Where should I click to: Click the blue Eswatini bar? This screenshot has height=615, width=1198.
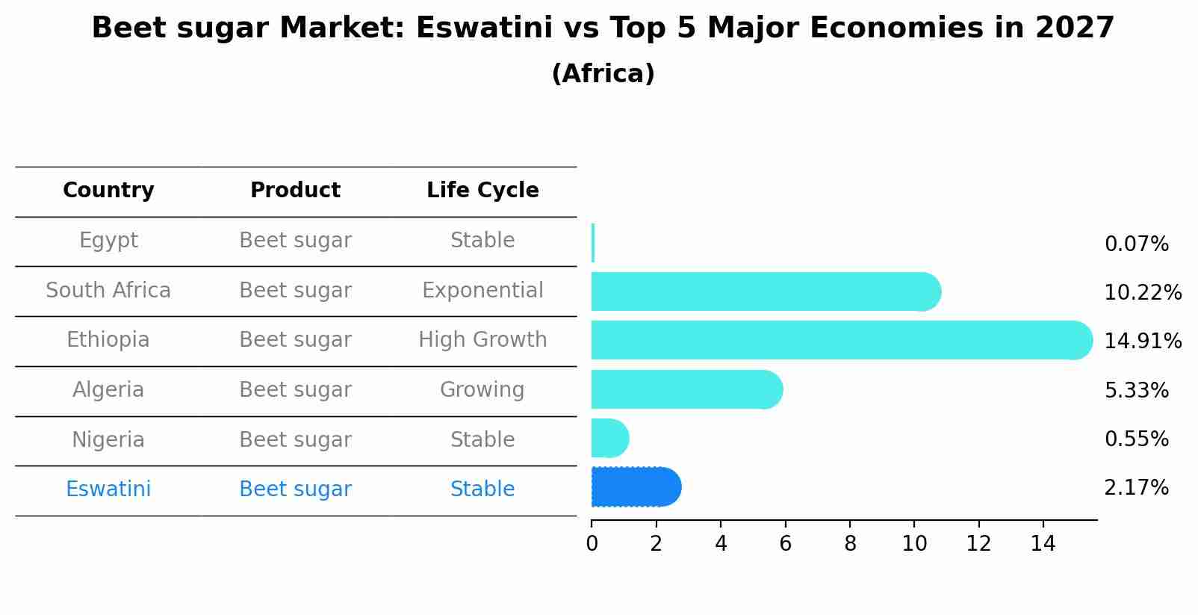[x=635, y=487]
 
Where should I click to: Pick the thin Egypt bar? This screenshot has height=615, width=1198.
[x=593, y=242]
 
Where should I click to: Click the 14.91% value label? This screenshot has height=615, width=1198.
[x=1142, y=342]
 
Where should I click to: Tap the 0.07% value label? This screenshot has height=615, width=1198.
[x=1136, y=244]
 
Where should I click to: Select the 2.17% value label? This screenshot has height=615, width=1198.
[x=1136, y=488]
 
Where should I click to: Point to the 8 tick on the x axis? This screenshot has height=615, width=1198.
[x=850, y=544]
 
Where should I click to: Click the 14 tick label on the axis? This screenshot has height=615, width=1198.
[x=1043, y=544]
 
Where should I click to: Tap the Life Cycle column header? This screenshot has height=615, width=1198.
[x=482, y=191]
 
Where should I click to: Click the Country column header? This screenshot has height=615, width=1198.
[x=108, y=191]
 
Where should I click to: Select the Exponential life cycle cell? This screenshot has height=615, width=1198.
[x=482, y=291]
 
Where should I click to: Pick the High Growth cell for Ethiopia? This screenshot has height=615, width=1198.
[x=482, y=340]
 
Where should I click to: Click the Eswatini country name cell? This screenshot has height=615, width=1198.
[x=108, y=489]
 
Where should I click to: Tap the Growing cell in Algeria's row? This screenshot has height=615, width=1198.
[x=482, y=390]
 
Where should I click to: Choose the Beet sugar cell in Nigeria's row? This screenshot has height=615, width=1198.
[x=295, y=440]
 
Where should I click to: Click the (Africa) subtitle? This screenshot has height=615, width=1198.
[x=603, y=74]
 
